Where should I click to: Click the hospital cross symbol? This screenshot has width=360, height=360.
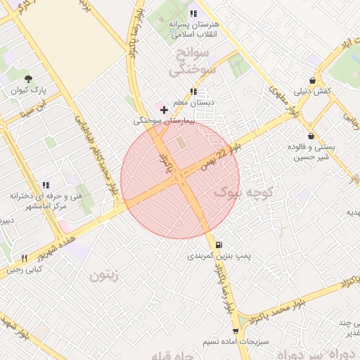[x=165, y=110]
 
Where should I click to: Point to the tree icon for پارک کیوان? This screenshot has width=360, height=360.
[x=28, y=79]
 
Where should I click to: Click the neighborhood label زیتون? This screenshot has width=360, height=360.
[x=104, y=275]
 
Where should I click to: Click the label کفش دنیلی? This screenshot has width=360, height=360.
[x=332, y=91]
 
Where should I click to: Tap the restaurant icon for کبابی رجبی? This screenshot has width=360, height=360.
[x=24, y=258]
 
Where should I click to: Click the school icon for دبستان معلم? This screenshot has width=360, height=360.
[x=193, y=91]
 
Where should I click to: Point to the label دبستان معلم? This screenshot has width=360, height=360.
[x=197, y=103]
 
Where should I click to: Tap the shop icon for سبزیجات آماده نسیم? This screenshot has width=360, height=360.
[x=236, y=330]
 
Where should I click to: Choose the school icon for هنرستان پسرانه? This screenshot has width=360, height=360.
[x=193, y=13]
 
